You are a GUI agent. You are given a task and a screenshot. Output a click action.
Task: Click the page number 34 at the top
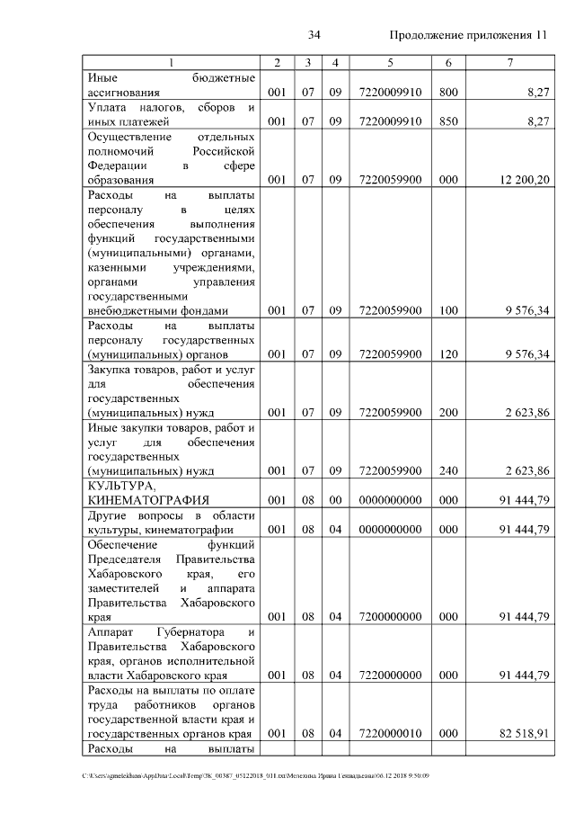(314, 35)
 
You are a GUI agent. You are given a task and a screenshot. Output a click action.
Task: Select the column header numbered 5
(390, 62)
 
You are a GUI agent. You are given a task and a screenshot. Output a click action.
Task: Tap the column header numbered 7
(509, 62)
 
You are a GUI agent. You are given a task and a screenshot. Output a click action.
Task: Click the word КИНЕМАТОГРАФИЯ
(148, 500)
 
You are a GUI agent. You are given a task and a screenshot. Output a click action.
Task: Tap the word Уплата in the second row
(106, 107)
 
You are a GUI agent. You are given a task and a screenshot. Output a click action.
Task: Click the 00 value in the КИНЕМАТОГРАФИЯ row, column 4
(334, 500)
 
